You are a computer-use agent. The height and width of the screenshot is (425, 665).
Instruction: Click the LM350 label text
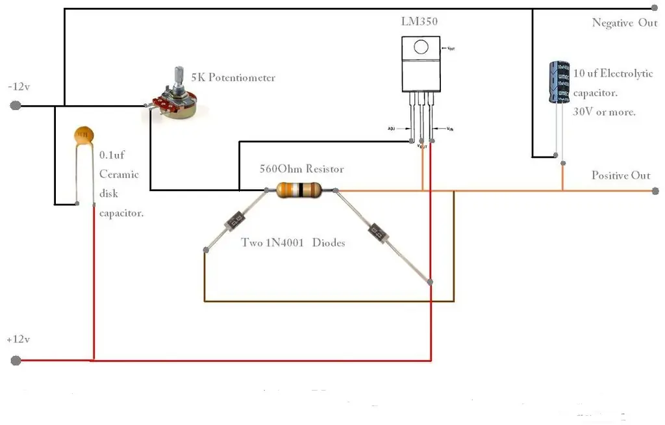pos(419,21)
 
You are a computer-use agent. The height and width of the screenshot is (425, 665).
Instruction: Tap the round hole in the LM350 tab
pos(421,47)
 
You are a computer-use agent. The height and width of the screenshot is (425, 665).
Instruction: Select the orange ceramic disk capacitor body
pos(82,135)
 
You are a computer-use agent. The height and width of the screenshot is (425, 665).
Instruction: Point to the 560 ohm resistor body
pos(299,190)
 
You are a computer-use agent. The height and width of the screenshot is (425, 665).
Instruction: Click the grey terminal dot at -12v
pos(16,106)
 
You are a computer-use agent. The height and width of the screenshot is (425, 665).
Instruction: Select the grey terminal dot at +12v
pos(16,360)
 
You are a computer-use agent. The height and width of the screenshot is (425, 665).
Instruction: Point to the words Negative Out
pos(625,23)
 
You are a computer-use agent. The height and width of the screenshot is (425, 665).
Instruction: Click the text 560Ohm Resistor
pos(301,169)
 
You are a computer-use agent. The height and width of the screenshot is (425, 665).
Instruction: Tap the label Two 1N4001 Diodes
pos(293,243)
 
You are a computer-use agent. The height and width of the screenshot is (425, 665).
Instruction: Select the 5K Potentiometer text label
pos(233,78)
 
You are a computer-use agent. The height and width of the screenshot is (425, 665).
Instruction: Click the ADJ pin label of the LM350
pos(391,129)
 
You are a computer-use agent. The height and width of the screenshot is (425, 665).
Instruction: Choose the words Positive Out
pos(620,175)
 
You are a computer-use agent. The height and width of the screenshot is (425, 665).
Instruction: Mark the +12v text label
pos(19,339)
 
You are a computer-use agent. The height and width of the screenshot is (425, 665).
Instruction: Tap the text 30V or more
pos(604,112)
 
